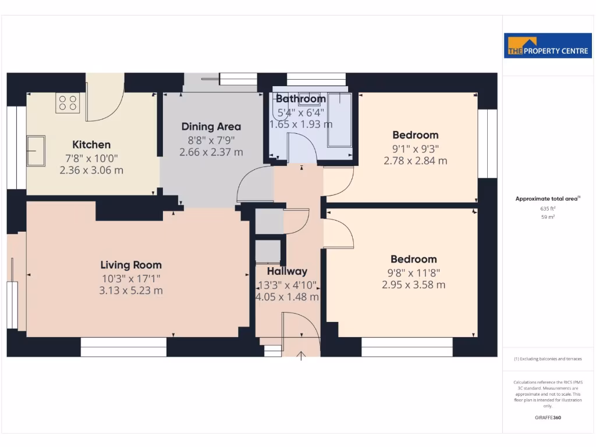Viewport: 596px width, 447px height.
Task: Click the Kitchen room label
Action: click(91, 145)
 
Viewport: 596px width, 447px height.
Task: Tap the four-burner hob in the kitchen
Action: click(68, 103)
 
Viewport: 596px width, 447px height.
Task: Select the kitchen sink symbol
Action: click(36, 151)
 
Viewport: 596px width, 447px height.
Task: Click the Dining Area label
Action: click(211, 126)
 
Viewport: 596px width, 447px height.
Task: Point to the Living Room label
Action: click(131, 265)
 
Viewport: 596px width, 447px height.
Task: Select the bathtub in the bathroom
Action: click(339, 121)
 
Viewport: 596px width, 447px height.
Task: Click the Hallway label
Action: click(287, 271)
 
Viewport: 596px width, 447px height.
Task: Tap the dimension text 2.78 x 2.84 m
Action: click(415, 161)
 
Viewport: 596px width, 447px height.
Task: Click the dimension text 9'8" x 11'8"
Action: click(414, 272)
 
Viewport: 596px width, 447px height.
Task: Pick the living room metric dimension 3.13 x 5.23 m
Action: click(131, 290)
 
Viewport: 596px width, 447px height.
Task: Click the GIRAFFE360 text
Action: click(548, 417)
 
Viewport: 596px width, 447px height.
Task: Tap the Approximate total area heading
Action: click(547, 199)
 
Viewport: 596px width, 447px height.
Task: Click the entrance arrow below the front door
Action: click(301, 355)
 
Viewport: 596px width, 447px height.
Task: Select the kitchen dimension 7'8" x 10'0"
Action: click(91, 158)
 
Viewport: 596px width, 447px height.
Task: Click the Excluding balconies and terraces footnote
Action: click(548, 359)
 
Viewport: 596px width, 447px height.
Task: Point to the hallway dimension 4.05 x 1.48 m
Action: click(288, 297)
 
